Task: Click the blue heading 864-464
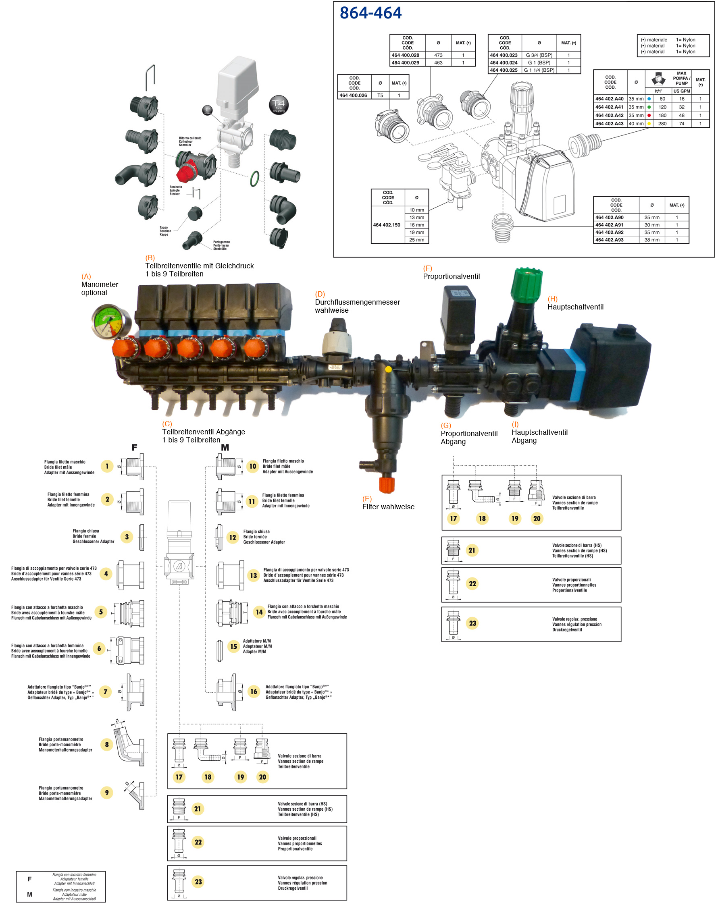[x=370, y=13]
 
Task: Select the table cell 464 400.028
[x=405, y=55]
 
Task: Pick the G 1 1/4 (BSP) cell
[x=539, y=70]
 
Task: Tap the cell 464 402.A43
[x=609, y=123]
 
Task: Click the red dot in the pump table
[x=649, y=115]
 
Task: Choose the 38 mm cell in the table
[x=651, y=240]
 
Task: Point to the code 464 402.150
[x=386, y=225]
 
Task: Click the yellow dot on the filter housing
[x=388, y=369]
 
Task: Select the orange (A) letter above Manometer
[x=86, y=276]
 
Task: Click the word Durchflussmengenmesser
[x=357, y=302]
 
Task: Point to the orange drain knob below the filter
[x=386, y=485]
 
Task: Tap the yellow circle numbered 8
[x=107, y=745]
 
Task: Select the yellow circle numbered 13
[x=253, y=575]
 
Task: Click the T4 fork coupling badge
[x=279, y=105]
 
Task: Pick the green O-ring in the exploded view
[x=254, y=179]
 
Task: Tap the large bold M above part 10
[x=225, y=447]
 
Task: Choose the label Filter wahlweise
[x=388, y=506]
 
